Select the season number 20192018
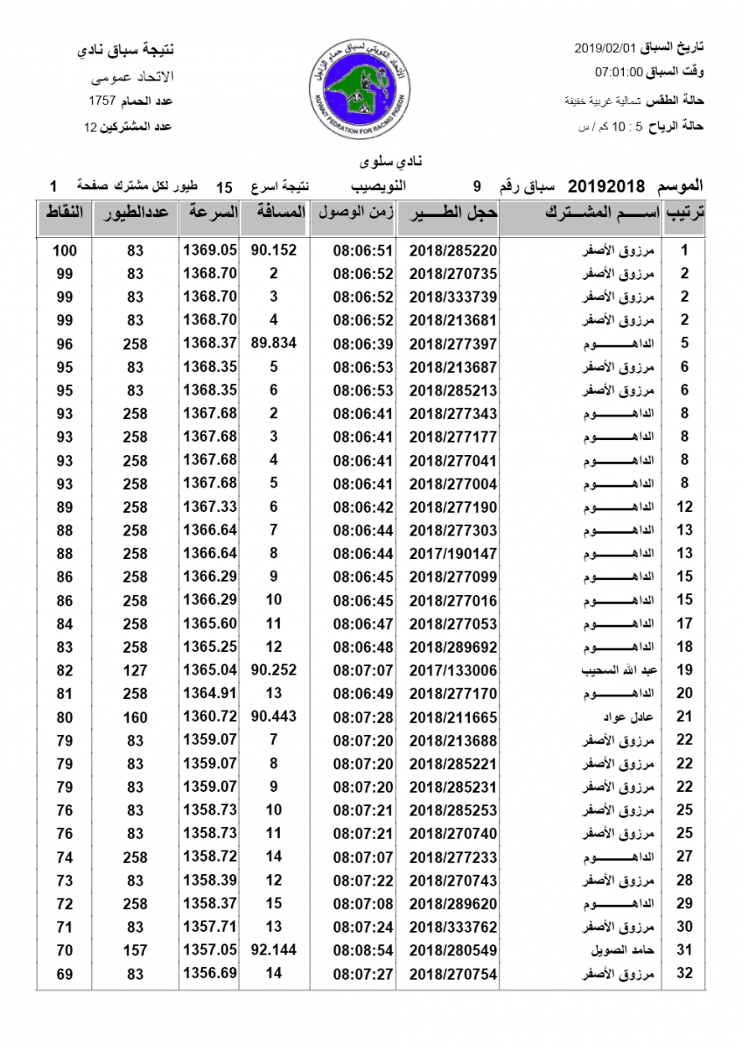[x=606, y=185]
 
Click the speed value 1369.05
[x=210, y=250]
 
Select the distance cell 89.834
[x=274, y=344]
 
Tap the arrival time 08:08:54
[x=363, y=949]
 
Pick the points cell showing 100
[x=64, y=250]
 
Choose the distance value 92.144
[x=274, y=949]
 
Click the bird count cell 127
[x=135, y=670]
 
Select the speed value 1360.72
[x=210, y=717]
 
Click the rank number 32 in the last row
[x=685, y=973]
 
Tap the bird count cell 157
[x=135, y=949]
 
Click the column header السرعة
[x=210, y=213]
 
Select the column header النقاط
[x=64, y=213]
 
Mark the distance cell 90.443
[x=274, y=717]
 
